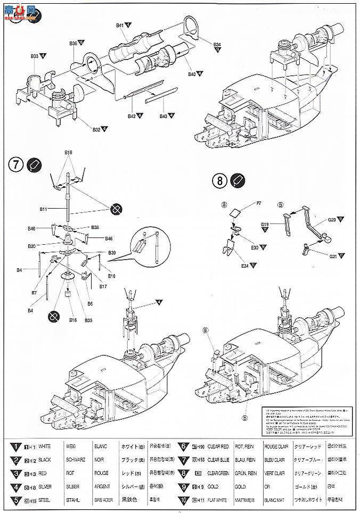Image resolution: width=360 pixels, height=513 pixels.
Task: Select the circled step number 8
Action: [x=219, y=180]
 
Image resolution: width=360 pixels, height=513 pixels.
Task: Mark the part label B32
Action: [x=96, y=129]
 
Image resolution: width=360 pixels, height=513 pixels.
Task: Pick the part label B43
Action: [x=163, y=115]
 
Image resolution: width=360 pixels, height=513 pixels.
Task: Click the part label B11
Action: [x=44, y=210]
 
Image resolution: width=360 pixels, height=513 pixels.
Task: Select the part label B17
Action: [x=103, y=286]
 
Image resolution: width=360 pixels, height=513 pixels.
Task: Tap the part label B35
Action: [x=88, y=320]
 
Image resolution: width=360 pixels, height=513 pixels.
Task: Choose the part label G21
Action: [x=333, y=256]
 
